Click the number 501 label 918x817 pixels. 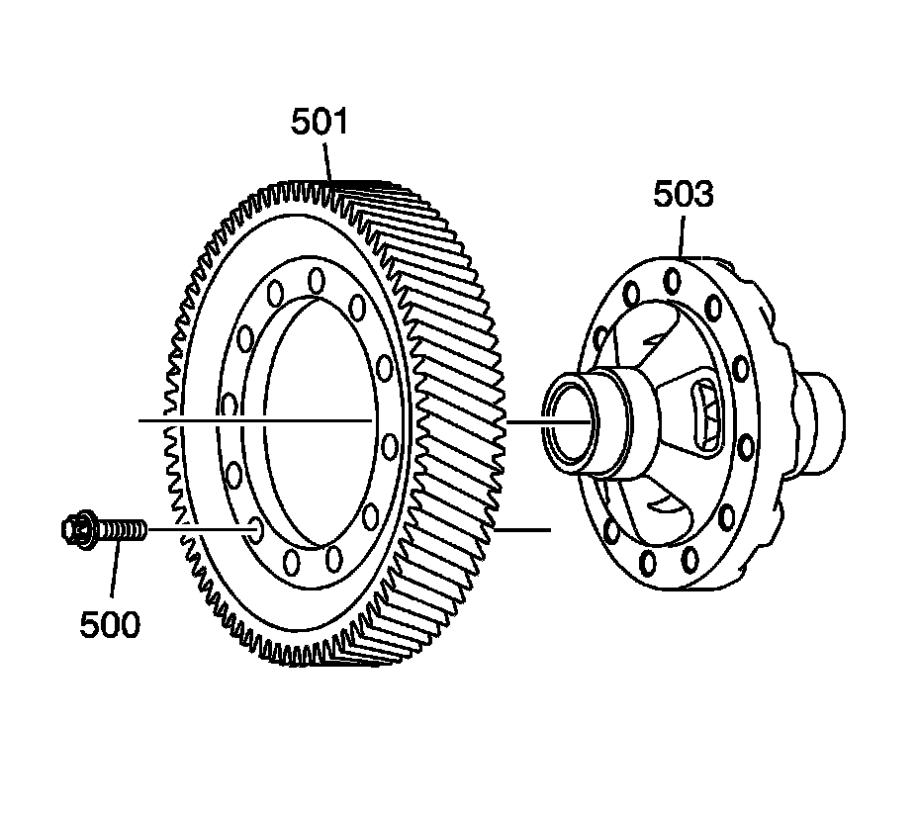pyautogui.click(x=320, y=123)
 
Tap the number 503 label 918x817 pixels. pyautogui.click(x=684, y=194)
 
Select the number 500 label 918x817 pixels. pyautogui.click(x=110, y=624)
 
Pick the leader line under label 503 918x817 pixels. pyautogui.click(x=682, y=236)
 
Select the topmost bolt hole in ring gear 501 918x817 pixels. pyautogui.click(x=317, y=280)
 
